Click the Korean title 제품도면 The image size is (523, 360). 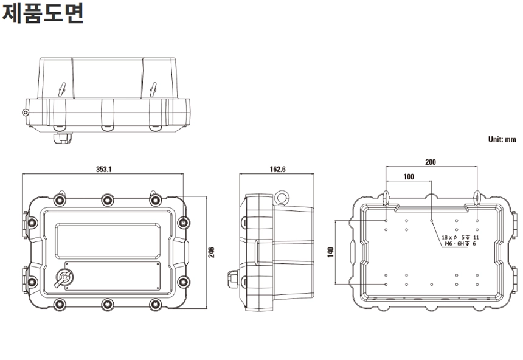pyautogui.click(x=43, y=13)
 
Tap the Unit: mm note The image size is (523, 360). pyautogui.click(x=502, y=139)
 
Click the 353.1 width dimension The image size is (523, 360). pyautogui.click(x=104, y=169)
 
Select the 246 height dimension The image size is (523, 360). pyautogui.click(x=211, y=252)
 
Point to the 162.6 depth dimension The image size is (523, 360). pyautogui.click(x=277, y=169)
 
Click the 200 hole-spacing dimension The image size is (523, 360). pyautogui.click(x=431, y=162)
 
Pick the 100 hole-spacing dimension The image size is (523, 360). pyautogui.click(x=409, y=176)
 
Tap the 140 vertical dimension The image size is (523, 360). pyautogui.click(x=331, y=252)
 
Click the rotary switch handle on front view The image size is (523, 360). pyautogui.click(x=63, y=279)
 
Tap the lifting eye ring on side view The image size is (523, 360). pyautogui.click(x=282, y=198)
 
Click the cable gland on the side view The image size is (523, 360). pyautogui.click(x=233, y=279)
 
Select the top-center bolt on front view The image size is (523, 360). pyautogui.click(x=108, y=200)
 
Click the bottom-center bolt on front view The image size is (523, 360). pyautogui.click(x=108, y=304)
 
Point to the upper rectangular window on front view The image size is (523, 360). pyautogui.click(x=108, y=241)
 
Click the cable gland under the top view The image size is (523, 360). pyautogui.click(x=63, y=138)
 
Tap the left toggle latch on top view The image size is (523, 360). pyautogui.click(x=61, y=89)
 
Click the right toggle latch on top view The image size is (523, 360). pyautogui.click(x=153, y=89)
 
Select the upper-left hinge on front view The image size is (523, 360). pyautogui.click(x=26, y=224)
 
